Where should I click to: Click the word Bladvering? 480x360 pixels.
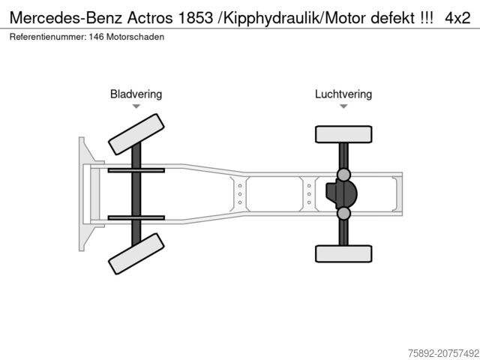click(136, 94)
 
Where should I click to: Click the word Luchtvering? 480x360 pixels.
click(343, 94)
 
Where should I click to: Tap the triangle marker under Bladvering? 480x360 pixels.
click(136, 106)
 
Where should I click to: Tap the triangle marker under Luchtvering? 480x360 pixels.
click(343, 106)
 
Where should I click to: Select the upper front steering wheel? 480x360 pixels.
click(136, 134)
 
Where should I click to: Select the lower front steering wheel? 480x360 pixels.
click(136, 253)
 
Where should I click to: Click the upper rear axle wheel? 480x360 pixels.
click(343, 134)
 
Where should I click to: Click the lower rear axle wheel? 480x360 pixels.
click(343, 253)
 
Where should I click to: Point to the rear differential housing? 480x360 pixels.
click(341, 194)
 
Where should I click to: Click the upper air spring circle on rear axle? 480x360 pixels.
click(343, 175)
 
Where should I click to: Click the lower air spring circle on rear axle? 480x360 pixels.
click(343, 214)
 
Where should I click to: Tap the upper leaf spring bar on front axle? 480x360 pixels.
click(136, 170)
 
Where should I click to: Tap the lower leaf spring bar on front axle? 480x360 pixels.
click(136, 217)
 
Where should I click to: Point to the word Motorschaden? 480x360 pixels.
click(134, 37)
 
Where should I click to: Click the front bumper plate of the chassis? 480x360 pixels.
click(82, 193)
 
